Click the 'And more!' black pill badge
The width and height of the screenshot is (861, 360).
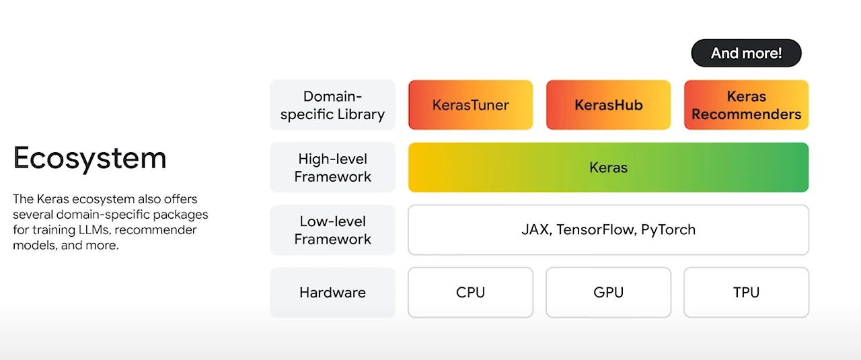point(746,53)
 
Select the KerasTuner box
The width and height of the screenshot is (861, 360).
point(470,104)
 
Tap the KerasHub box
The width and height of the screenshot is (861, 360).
point(609,104)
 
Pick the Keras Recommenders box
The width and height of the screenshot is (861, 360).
point(747,104)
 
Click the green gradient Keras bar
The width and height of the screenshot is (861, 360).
point(609,168)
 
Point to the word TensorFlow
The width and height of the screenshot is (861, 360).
point(595,229)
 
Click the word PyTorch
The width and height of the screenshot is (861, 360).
point(668,230)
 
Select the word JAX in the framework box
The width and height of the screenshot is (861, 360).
point(535,229)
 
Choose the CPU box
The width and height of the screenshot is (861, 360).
point(470,292)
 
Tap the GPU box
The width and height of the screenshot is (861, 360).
point(609,292)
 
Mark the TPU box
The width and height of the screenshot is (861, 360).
point(747,292)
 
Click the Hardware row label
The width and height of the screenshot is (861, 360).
point(332,292)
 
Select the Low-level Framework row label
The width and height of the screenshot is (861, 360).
point(332,230)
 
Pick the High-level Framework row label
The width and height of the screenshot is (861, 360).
point(332,168)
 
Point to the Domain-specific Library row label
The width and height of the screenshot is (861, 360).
point(332,104)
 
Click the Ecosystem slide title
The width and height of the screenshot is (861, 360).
point(90,158)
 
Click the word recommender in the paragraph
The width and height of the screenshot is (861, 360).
point(155,229)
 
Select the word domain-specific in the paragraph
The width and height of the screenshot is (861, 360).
point(103,215)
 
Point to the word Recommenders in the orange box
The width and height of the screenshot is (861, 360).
point(747,114)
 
